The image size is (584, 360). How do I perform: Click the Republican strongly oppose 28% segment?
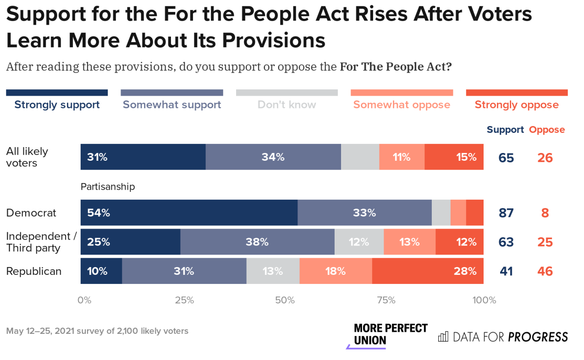427,271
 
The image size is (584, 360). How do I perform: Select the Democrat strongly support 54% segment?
189,213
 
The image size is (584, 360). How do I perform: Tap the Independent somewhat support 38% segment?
257,242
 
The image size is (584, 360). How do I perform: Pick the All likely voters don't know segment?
360,157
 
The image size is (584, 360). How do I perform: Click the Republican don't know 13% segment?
273,271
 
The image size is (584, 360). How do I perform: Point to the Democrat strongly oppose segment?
474,213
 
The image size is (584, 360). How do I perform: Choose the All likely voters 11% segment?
402,157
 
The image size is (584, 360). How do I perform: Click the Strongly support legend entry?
57,104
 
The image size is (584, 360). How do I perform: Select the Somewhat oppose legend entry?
402,104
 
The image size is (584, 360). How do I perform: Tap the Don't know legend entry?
286,104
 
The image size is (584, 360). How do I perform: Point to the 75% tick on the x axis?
386,300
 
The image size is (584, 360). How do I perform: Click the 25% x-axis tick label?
184,300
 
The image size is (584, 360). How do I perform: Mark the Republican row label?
33,271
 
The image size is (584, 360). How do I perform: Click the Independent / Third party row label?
41,242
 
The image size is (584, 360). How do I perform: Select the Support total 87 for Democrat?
506,213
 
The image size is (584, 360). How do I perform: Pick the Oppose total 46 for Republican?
545,271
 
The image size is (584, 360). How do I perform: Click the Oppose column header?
547,130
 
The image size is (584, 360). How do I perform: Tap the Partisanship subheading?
108,186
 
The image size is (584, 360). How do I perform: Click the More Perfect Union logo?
390,335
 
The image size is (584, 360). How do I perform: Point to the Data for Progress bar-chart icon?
443,337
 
